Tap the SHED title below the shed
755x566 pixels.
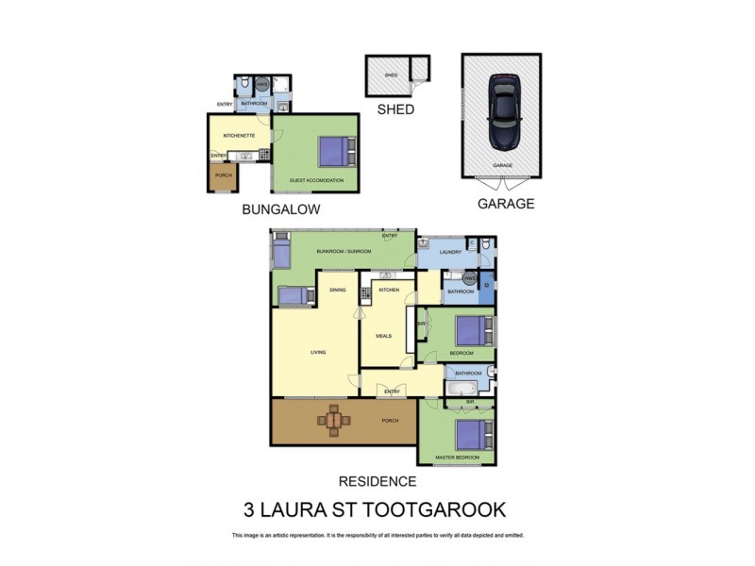pyautogui.click(x=395, y=109)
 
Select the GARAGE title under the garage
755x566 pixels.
pyautogui.click(x=505, y=203)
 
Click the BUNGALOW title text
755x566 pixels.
pyautogui.click(x=281, y=209)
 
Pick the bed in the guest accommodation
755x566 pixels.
pyautogui.click(x=334, y=151)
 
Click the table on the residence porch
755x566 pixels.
pyautogui.click(x=334, y=419)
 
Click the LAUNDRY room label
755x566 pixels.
pyautogui.click(x=449, y=252)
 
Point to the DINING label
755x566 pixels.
pyautogui.click(x=338, y=290)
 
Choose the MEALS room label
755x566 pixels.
pyautogui.click(x=383, y=334)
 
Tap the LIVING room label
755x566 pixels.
pyautogui.click(x=318, y=353)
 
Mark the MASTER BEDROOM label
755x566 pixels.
pyautogui.click(x=458, y=458)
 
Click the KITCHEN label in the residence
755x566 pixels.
pyautogui.click(x=390, y=290)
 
